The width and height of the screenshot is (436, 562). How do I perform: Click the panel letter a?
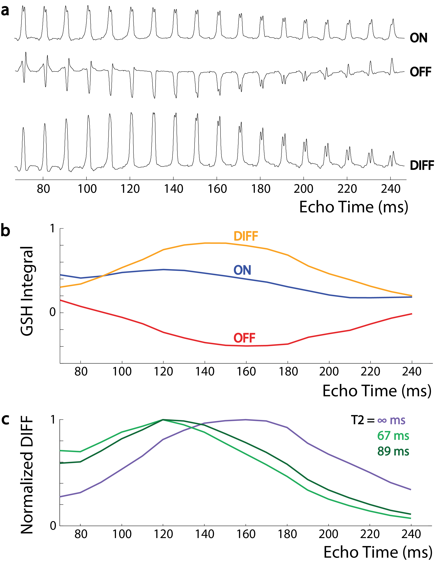coord(5,11)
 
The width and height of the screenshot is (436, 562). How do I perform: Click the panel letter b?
coord(5,231)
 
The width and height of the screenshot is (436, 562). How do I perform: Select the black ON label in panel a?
coord(418,38)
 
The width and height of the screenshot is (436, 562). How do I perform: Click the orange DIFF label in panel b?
coord(245,236)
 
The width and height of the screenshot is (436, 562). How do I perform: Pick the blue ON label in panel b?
coord(242,270)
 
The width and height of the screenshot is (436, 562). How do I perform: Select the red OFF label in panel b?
coord(244,338)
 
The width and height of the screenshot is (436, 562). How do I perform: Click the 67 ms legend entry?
coord(393,436)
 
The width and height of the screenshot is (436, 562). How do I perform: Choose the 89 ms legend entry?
coord(393,451)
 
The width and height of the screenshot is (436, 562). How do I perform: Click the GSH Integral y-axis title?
coord(27,291)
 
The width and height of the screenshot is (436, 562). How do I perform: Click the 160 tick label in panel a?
coord(217,189)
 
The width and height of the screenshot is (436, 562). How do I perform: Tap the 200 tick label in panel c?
coord(329,534)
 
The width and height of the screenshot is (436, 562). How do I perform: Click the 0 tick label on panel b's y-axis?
coord(53,312)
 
